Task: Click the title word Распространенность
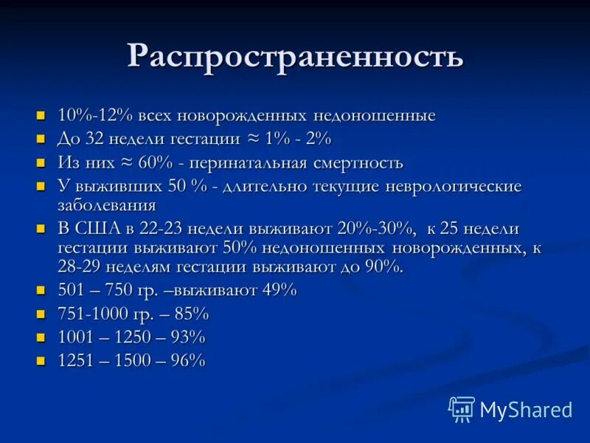(x=295, y=57)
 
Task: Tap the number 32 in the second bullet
(x=118, y=139)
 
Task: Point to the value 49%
(x=279, y=290)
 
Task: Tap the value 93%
(x=186, y=337)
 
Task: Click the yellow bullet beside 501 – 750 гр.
(x=41, y=290)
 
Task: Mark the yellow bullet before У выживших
(x=41, y=186)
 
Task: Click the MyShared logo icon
(x=461, y=408)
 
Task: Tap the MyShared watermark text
(x=526, y=409)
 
